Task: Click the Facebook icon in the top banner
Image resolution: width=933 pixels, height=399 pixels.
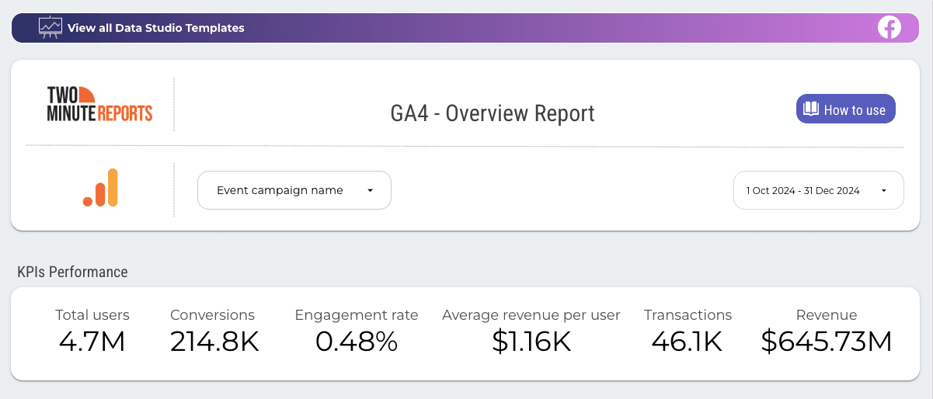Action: [x=889, y=28]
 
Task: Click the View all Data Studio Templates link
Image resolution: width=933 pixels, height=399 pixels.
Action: [x=155, y=28]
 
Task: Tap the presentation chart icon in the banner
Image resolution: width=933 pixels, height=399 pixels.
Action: [x=50, y=28]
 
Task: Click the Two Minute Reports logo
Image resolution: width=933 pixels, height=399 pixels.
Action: [x=99, y=104]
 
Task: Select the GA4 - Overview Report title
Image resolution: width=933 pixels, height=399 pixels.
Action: [x=492, y=113]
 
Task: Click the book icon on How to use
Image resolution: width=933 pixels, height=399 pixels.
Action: [x=811, y=109]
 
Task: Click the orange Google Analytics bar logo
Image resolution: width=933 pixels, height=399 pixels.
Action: [x=100, y=188]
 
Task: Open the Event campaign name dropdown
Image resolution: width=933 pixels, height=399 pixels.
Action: [x=294, y=190]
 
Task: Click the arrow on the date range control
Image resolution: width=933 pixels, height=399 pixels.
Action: [x=884, y=191]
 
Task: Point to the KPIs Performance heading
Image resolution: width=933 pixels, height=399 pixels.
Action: [x=72, y=272]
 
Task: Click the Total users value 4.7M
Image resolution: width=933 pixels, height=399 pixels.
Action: [x=92, y=342]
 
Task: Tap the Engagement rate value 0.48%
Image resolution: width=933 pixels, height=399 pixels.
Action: [x=357, y=342]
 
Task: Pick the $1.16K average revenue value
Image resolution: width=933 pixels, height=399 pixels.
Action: [x=531, y=342]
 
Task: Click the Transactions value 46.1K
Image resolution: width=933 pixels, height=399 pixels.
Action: [x=688, y=342]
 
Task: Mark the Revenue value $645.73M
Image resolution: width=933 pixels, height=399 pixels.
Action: [x=826, y=342]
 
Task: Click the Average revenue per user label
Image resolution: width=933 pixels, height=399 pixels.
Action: [x=531, y=315]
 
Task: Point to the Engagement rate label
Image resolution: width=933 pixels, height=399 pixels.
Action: [x=357, y=315]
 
